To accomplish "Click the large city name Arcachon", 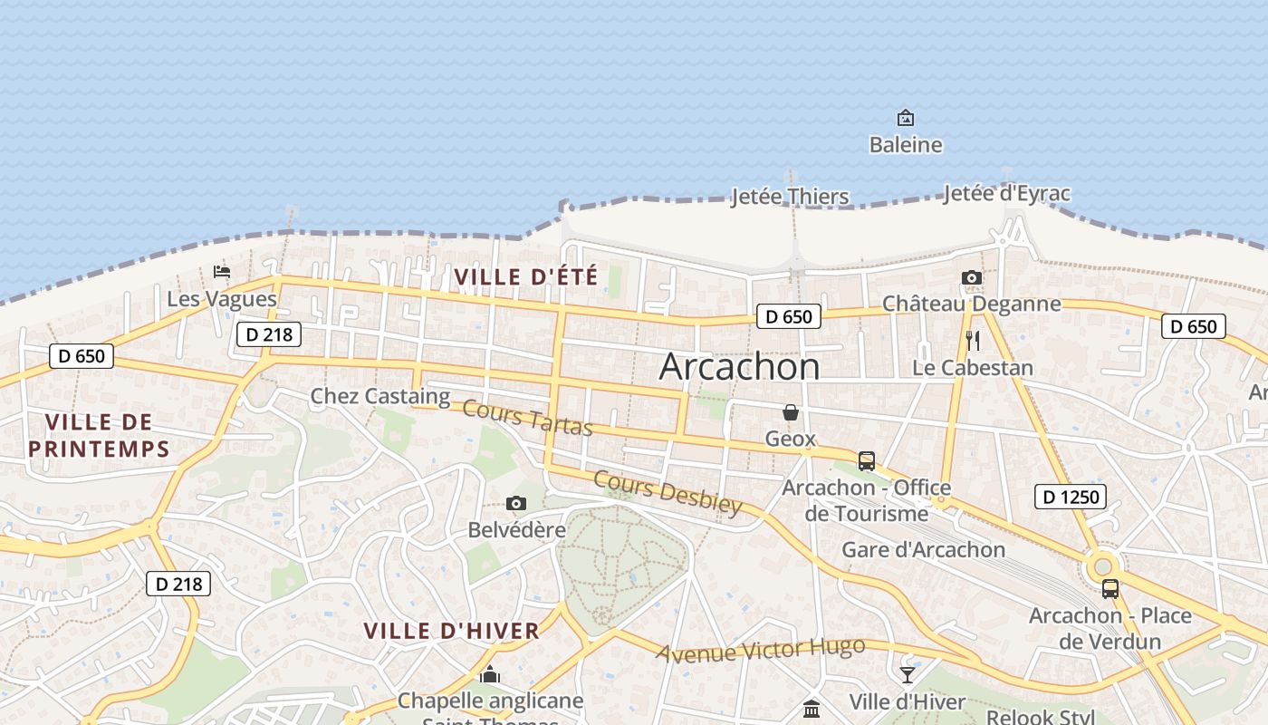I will [x=739, y=366].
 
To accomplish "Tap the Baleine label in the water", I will [x=905, y=145].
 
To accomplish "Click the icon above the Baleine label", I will [x=905, y=118].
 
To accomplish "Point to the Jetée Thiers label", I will [x=790, y=197].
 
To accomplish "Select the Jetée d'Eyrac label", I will [x=1006, y=193].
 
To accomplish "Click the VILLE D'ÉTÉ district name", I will [x=525, y=276].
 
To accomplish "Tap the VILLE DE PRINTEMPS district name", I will [x=99, y=435].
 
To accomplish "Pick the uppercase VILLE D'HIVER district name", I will [x=451, y=631].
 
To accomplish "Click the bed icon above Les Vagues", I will [x=221, y=271].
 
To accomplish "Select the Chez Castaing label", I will [x=379, y=396].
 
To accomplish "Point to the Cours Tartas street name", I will [x=526, y=417].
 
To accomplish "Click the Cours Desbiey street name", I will [x=668, y=492].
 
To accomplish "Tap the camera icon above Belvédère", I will [x=516, y=503].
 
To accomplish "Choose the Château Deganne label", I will [x=971, y=304].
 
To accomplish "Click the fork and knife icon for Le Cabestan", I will [x=973, y=341].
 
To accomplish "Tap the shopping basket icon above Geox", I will [x=791, y=412].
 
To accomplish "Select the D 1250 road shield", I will [x=1070, y=497].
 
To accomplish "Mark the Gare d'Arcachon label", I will [x=923, y=549].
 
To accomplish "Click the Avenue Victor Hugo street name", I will [x=760, y=650].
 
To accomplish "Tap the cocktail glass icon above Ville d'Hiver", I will [x=907, y=674].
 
